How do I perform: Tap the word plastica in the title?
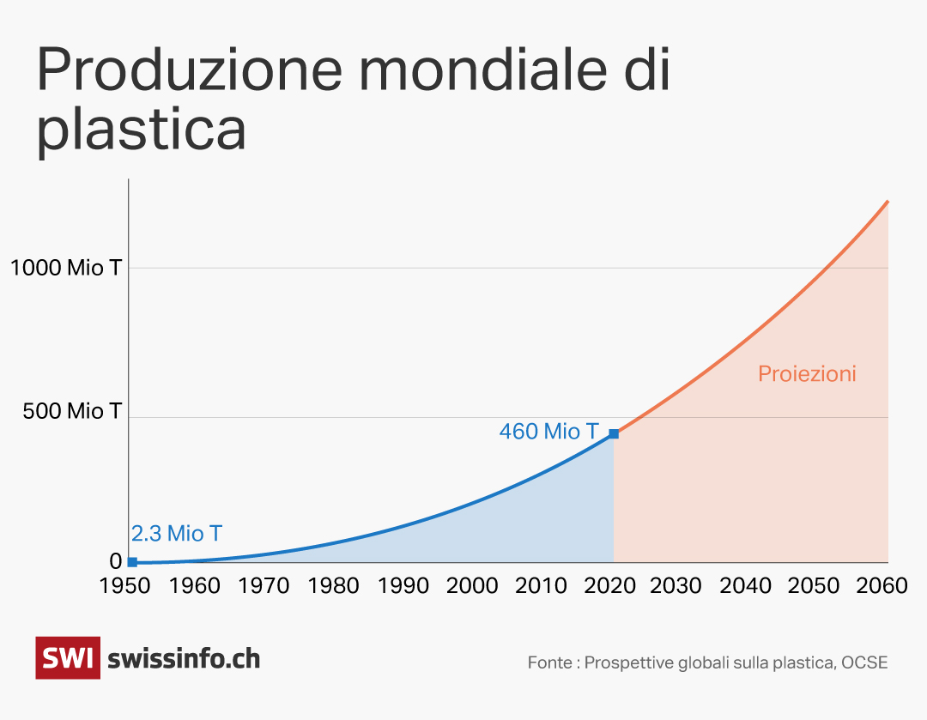(x=142, y=130)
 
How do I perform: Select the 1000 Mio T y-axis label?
(x=66, y=268)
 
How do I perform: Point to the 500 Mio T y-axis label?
(x=72, y=411)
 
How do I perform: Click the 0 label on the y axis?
(x=116, y=561)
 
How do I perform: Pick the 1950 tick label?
(x=125, y=586)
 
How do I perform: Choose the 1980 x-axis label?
(x=333, y=586)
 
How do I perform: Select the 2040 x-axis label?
(x=745, y=586)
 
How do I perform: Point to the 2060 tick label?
(x=882, y=586)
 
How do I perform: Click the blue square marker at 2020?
(x=614, y=433)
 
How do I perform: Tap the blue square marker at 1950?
(x=132, y=562)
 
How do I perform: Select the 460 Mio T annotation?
(x=548, y=432)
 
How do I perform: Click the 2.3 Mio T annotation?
(x=177, y=534)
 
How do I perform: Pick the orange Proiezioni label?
(x=807, y=374)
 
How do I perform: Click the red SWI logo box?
(x=68, y=658)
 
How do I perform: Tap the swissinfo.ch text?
(x=184, y=659)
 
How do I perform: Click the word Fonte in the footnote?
(x=549, y=663)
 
